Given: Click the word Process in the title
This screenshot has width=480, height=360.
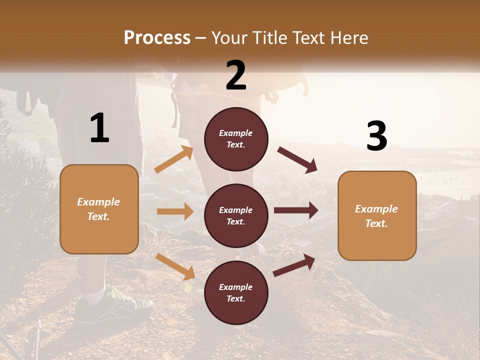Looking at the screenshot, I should tap(157, 38).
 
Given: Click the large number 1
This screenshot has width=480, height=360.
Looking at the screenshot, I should tap(99, 128).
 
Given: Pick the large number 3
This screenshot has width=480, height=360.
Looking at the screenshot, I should tap(376, 136).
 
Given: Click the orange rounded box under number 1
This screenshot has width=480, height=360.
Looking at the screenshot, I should tap(99, 209).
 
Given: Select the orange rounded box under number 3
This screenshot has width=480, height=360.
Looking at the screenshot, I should tap(377, 215).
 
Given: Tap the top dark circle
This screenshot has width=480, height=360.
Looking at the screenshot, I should tap(236, 139).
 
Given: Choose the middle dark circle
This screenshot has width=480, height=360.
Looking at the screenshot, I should tap(236, 215).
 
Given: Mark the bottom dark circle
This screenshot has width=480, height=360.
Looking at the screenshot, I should tap(236, 292).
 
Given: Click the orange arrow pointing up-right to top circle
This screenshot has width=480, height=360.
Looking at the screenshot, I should tap(174, 159).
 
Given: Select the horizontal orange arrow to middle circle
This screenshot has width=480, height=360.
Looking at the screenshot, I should tap(175, 211).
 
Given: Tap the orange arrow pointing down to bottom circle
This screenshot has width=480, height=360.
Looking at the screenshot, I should tap(175, 266).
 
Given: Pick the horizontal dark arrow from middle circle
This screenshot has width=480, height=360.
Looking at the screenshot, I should tap(296, 210).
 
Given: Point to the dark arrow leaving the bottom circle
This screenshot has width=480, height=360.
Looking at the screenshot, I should tap(294, 264).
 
